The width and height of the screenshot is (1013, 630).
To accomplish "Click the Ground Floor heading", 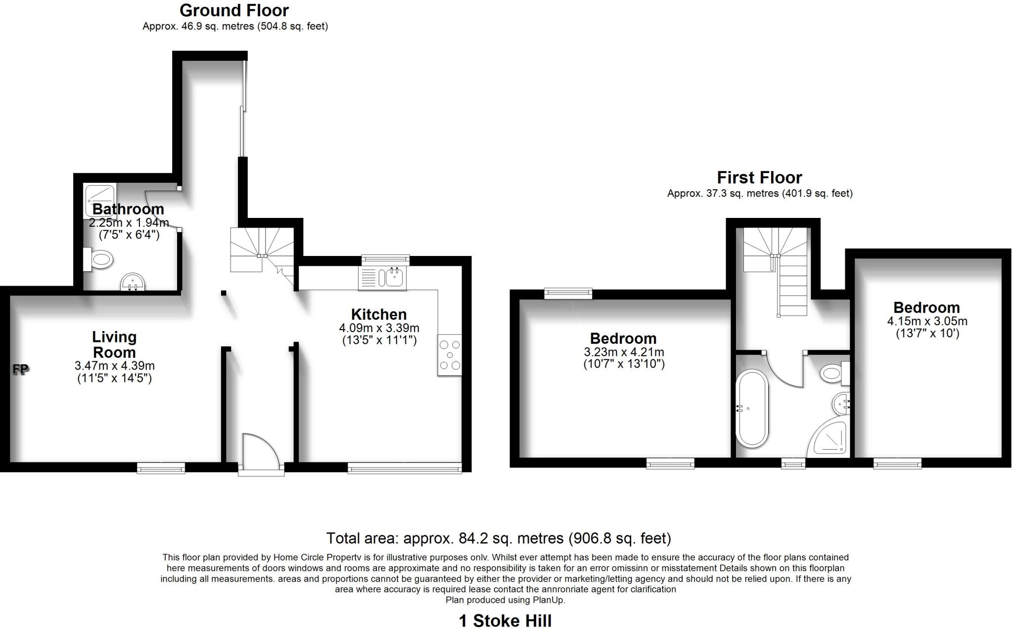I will [x=234, y=10].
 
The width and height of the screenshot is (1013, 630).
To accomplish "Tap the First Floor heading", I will [x=759, y=177].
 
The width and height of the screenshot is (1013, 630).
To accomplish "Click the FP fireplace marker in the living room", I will [x=20, y=369].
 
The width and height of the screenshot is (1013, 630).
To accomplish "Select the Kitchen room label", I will [x=378, y=314].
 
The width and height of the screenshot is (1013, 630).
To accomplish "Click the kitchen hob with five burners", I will [x=450, y=355].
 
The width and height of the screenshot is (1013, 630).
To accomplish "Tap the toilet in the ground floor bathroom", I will [x=100, y=259].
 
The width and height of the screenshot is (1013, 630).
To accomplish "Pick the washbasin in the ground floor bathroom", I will [x=133, y=283].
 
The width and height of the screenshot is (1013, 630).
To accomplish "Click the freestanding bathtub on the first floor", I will [x=752, y=409].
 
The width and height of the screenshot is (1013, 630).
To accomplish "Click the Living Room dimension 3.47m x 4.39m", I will [x=114, y=366].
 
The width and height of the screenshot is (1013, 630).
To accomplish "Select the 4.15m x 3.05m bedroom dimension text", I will [x=927, y=321].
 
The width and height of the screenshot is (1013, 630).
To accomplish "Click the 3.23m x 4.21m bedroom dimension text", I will [x=624, y=352].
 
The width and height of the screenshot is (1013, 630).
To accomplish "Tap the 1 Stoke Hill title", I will [x=505, y=621].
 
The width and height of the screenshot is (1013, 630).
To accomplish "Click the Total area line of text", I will [x=498, y=538].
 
